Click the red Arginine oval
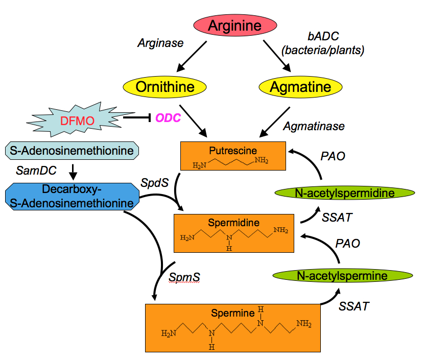coord(235,26)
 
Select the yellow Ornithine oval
coord(165,87)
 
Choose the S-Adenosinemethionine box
coord(72,151)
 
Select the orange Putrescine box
coord(232,156)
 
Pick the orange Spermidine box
coord(233,233)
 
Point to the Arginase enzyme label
coord(160,43)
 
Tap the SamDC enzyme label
coord(36,169)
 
